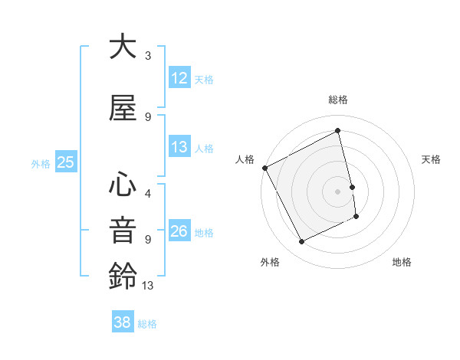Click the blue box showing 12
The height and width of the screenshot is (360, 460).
pos(179,78)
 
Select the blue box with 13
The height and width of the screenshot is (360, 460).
pos(179,147)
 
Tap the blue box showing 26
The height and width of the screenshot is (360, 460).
pos(179,231)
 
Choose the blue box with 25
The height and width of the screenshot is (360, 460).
pos(65,162)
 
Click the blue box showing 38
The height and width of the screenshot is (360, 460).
pos(122,322)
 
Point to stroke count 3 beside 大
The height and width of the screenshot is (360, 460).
pos(148,56)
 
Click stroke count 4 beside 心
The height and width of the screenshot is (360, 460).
pos(148,194)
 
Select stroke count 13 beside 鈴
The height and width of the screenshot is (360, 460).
pos(148,286)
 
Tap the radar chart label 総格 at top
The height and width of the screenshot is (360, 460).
pos(338,100)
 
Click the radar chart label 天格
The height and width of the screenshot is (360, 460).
pos(431,159)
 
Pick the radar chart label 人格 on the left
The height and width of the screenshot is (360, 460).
pos(245,159)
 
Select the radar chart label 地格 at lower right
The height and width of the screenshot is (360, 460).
pos(402,262)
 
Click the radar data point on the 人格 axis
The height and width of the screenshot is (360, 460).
pos(264,168)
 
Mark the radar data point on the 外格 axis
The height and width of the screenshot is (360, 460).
pos(301,242)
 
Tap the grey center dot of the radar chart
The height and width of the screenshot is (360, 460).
pos(338,191)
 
